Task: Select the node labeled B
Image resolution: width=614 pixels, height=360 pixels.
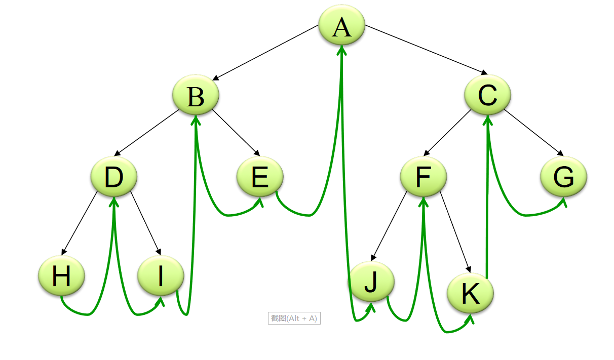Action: tap(196, 95)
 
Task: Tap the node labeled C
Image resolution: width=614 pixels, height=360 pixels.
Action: tap(488, 94)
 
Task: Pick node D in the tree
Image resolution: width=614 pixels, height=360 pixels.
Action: tap(114, 177)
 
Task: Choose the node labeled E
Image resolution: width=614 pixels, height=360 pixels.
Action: tap(260, 177)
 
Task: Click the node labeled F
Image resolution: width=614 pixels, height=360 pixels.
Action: tap(424, 177)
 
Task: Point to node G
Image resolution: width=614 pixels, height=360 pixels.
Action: tap(563, 177)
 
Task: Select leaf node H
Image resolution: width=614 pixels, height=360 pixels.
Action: tap(61, 276)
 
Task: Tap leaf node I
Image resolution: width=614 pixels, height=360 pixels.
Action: tap(161, 276)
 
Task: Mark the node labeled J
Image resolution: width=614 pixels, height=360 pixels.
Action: tap(371, 282)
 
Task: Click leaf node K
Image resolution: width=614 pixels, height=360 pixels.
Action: tap(470, 294)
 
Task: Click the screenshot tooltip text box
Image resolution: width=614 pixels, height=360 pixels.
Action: tap(294, 318)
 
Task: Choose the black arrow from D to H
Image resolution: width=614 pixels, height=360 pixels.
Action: tap(80, 223)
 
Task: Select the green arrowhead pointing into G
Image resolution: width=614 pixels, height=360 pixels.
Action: tap(564, 203)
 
